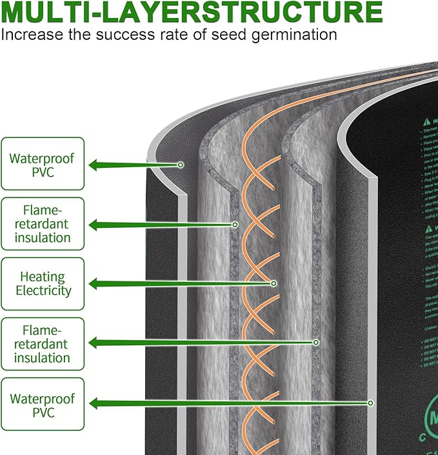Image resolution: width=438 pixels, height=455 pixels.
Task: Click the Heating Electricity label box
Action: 43,283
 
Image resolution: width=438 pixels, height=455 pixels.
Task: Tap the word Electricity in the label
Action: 43,290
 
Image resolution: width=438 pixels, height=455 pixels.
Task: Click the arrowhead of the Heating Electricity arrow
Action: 94,283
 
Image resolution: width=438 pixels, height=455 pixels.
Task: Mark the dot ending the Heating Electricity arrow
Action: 274,283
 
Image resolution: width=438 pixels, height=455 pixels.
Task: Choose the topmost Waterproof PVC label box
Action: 43,164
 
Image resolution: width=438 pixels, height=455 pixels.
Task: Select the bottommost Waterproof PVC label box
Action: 43,403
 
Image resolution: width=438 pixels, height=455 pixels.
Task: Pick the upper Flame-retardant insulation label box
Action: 43,224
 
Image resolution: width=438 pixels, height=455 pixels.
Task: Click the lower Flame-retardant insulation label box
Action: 43,343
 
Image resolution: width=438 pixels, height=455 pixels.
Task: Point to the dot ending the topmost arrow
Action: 181,165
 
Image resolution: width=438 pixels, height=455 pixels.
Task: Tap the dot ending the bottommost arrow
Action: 371,403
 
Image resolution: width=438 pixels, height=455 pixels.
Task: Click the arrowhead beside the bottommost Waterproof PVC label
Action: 94,403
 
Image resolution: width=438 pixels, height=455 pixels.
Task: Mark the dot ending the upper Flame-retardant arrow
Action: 235,225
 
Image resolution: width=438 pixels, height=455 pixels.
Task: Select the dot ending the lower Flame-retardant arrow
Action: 316,342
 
